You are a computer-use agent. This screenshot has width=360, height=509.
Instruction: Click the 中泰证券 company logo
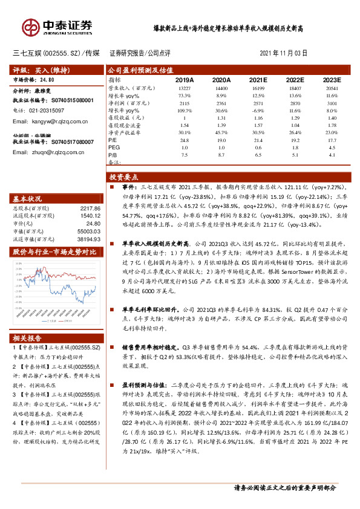(x=57, y=26)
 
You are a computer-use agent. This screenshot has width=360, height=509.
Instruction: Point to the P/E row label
(x=113, y=139)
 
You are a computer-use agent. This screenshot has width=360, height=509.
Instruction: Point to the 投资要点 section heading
(x=124, y=178)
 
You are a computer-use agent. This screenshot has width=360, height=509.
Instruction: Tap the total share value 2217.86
(x=88, y=208)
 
